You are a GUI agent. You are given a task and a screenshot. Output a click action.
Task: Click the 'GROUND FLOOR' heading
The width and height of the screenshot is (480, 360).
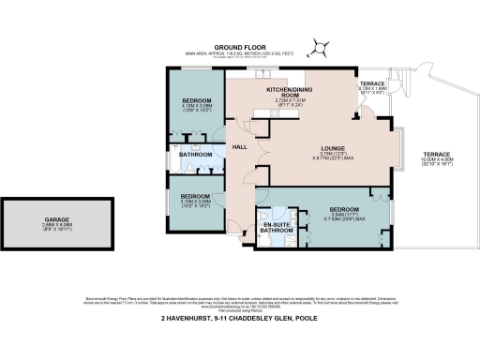[x=240, y=46]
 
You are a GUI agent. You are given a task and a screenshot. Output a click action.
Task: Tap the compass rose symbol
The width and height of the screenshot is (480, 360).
[x=322, y=43]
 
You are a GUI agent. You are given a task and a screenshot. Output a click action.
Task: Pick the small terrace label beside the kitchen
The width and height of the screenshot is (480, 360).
[x=372, y=85]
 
